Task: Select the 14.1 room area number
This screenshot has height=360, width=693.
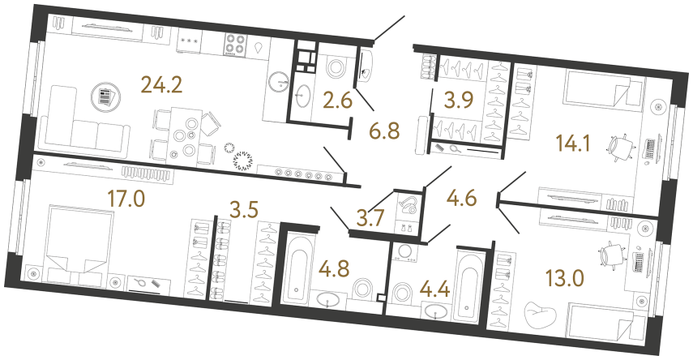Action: coord(571,144)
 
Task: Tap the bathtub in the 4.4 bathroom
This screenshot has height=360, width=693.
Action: coord(468,286)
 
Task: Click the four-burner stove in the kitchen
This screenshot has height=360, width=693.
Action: coord(234,45)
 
